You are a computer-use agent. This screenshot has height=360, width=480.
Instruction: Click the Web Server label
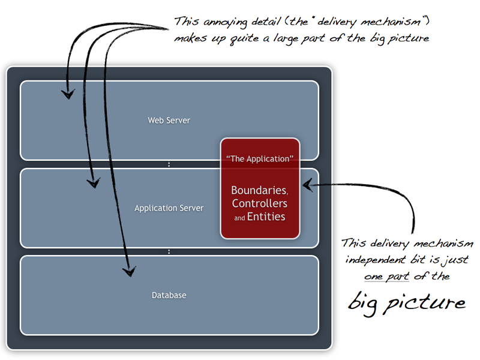pos(169,121)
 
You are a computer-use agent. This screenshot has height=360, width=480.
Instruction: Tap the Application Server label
pos(169,209)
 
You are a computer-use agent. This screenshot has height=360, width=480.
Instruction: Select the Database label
pos(169,295)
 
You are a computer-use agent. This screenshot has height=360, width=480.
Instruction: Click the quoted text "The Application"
pos(260,159)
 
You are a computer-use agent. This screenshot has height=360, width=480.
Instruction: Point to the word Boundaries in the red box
pos(259,190)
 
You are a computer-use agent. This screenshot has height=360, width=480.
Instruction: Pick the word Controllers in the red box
pos(260,203)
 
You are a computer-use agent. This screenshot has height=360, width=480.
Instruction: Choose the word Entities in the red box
pos(266,217)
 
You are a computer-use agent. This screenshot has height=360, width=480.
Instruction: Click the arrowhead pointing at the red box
pos(307,185)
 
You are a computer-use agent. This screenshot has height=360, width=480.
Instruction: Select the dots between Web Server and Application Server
pos(169,164)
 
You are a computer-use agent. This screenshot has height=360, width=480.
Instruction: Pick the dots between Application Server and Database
pos(169,252)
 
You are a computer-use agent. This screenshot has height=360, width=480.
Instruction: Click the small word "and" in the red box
pos(239,218)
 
